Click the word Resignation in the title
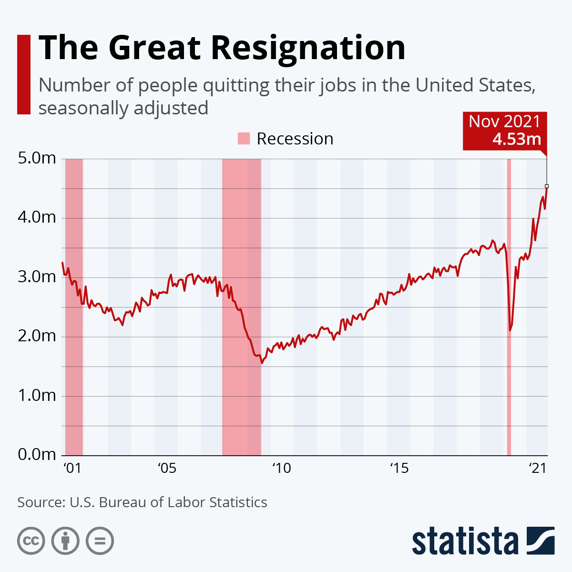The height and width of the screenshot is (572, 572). pos(308,48)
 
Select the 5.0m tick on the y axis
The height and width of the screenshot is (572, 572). pos(37,158)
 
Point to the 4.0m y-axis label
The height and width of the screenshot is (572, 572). pos(37,218)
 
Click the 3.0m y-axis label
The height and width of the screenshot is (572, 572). pos(37,277)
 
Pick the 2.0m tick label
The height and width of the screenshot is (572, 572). pos(37,337)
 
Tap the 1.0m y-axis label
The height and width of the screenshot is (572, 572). pos(37,396)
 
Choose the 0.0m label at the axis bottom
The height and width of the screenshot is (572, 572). pos(37,455)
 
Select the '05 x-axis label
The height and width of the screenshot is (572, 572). pos(167,468)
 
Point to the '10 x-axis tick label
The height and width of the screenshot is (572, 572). pos(281,468)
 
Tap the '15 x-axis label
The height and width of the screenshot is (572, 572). pos(399,468)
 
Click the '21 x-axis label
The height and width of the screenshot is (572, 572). pos(538,468)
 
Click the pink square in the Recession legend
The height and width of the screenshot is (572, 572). pos(244,139)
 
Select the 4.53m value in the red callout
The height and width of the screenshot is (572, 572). pos(517,139)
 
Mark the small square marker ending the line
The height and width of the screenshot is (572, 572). pos(547,186)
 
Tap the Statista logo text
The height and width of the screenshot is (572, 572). pos(465,541)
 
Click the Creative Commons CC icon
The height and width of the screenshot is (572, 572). pos(31,541)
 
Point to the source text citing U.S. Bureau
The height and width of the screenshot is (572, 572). pos(142,502)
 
